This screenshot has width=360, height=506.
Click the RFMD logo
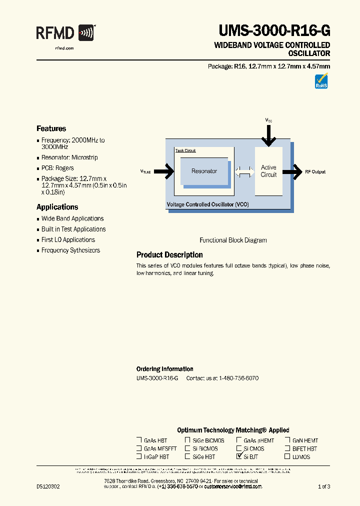(65, 34)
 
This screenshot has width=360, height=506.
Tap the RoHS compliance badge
(321, 81)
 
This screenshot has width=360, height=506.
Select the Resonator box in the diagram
(204, 171)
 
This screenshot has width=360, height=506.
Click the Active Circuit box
(268, 171)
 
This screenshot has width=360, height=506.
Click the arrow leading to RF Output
(291, 171)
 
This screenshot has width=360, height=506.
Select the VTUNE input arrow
(164, 171)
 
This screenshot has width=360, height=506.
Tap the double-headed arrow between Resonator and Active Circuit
(244, 171)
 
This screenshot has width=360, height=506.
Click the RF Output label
(315, 171)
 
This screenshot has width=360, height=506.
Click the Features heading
(51, 128)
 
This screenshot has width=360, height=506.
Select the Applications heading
(57, 207)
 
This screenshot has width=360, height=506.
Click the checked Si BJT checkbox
(239, 456)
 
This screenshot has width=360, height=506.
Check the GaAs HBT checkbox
(139, 440)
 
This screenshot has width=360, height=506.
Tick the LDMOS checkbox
(287, 456)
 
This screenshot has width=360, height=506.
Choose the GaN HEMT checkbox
(287, 440)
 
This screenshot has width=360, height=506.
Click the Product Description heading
(169, 255)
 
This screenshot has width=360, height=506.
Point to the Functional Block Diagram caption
(233, 240)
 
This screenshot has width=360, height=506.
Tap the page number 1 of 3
(324, 486)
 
